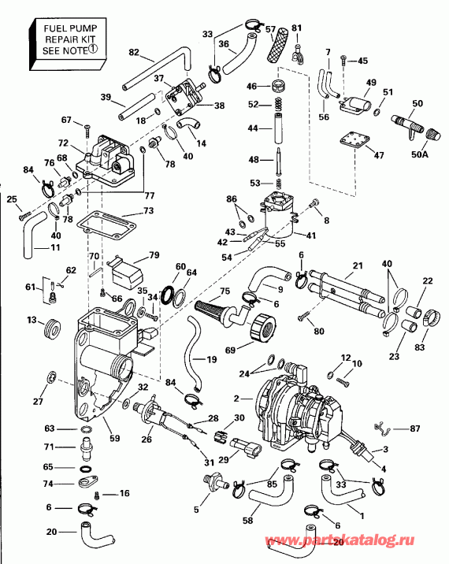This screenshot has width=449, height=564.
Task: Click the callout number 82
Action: [134, 53]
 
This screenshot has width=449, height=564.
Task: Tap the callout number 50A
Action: [420, 154]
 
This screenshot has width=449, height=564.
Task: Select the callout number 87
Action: [415, 429]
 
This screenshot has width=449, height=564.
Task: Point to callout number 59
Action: [115, 438]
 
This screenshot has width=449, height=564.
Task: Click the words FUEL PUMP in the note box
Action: [71, 28]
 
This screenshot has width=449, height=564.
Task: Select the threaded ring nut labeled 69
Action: [262, 327]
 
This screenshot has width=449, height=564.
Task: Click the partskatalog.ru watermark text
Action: [340, 540]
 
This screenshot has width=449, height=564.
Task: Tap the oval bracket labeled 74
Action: [87, 481]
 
